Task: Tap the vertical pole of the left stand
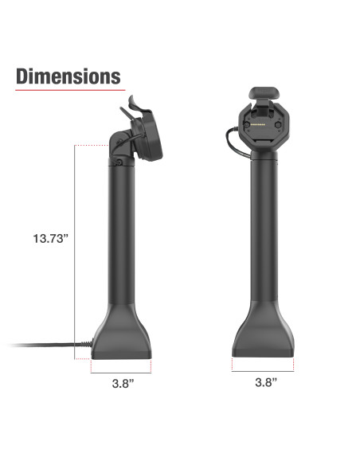click(x=120, y=239)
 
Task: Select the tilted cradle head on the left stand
click(x=143, y=131)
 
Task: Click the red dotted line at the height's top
click(x=92, y=146)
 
